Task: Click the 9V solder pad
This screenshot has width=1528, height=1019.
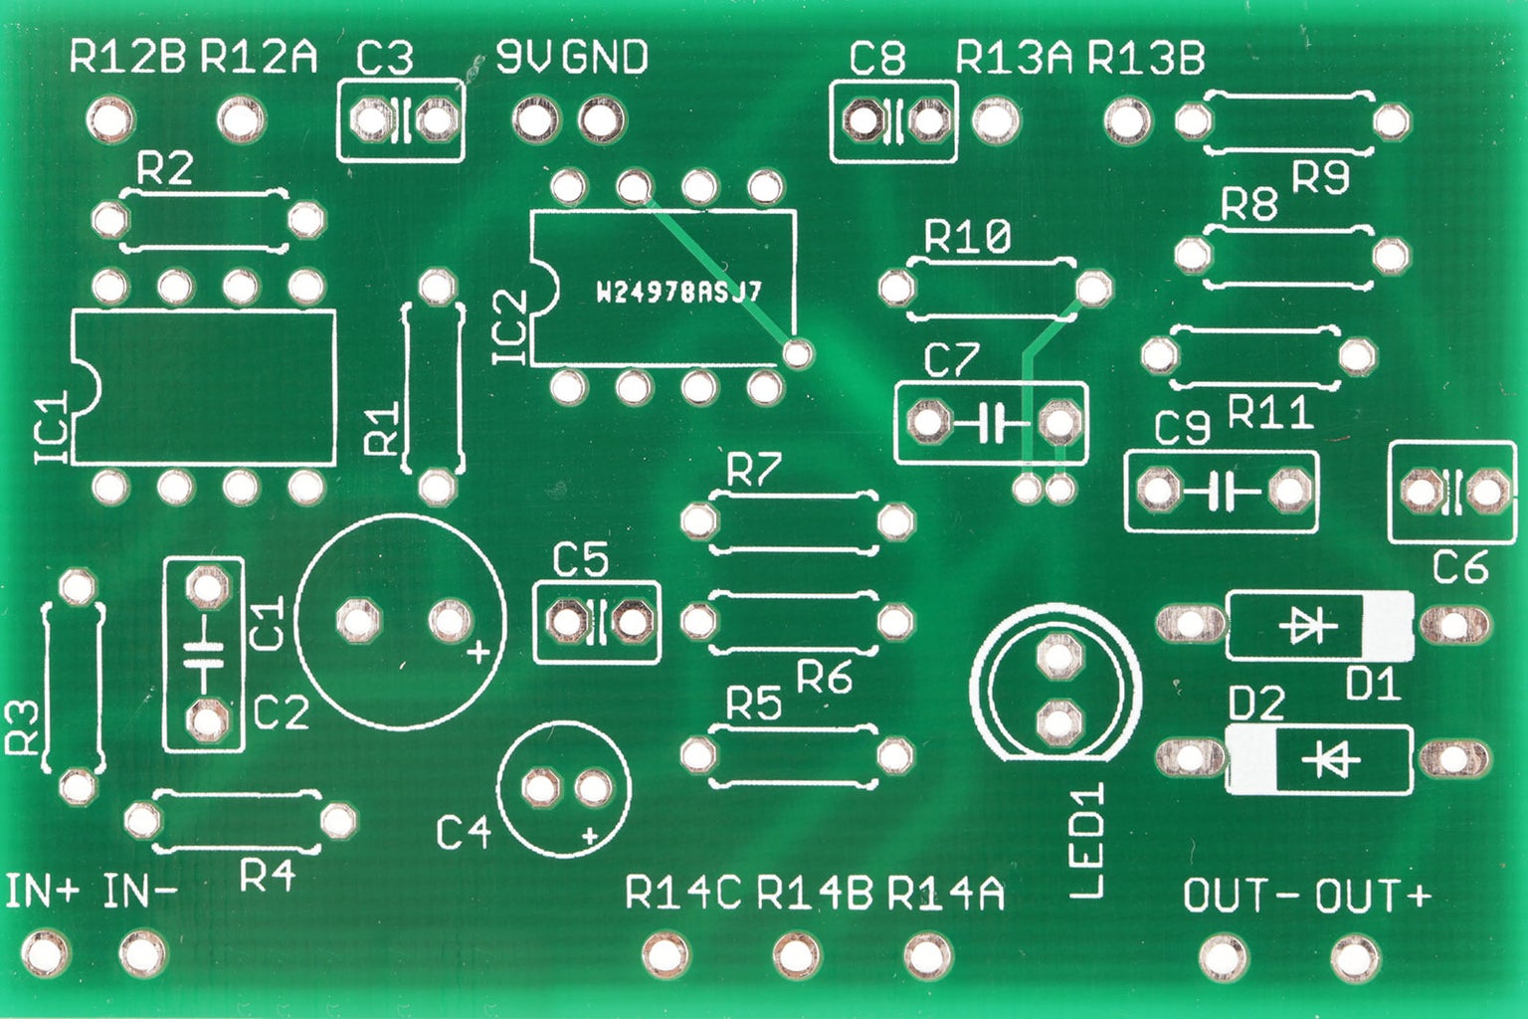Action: (x=536, y=120)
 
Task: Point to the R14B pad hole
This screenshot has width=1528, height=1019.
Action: (x=796, y=955)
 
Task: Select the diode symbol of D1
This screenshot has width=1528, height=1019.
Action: (x=1307, y=625)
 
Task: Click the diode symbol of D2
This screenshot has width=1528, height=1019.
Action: (x=1330, y=760)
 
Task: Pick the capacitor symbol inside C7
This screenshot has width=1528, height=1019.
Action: (x=991, y=424)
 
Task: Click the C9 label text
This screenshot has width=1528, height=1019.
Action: (x=1182, y=428)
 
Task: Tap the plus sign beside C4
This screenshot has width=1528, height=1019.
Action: (x=591, y=836)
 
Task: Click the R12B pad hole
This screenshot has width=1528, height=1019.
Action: (x=110, y=119)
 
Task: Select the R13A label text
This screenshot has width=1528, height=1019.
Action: (x=1015, y=59)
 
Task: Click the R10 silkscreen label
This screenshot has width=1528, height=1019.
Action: (x=967, y=238)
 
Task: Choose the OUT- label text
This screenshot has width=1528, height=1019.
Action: (x=1241, y=896)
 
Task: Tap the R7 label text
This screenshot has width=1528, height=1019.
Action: (x=754, y=471)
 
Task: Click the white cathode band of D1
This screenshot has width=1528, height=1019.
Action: (x=1387, y=625)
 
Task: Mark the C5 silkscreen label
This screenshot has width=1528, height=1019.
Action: (x=581, y=560)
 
